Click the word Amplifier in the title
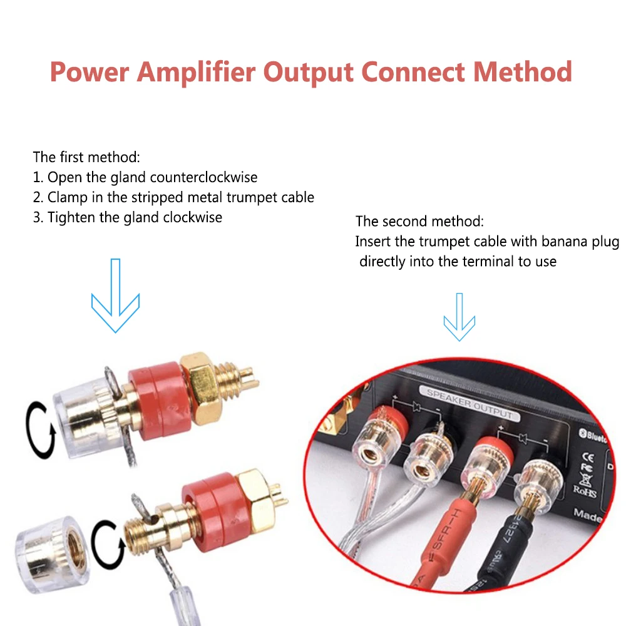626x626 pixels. [196, 72]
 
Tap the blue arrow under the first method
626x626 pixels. [115, 294]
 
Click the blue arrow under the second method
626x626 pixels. [459, 319]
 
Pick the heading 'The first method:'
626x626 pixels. [86, 157]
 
